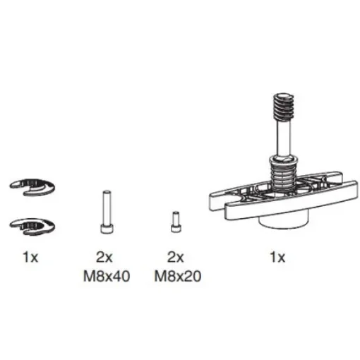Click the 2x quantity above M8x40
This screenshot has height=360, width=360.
coord(104,258)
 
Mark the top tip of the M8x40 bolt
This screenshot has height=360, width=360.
coord(104,193)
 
